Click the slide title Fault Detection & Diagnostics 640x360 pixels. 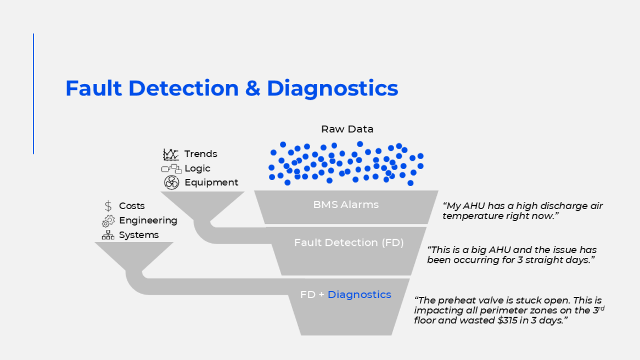pyautogui.click(x=231, y=88)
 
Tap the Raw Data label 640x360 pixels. pyautogui.click(x=347, y=130)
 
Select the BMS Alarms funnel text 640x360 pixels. pyautogui.click(x=346, y=205)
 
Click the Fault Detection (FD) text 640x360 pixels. pyautogui.click(x=349, y=243)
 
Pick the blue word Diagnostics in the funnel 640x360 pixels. pyautogui.click(x=359, y=295)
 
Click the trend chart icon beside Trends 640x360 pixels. pyautogui.click(x=171, y=154)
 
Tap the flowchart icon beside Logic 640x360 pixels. pyautogui.click(x=171, y=168)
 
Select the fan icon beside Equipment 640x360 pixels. pyautogui.click(x=172, y=183)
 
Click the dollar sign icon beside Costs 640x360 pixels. pyautogui.click(x=108, y=206)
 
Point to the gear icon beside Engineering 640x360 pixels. pyautogui.click(x=108, y=221)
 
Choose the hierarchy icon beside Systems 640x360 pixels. pyautogui.click(x=108, y=235)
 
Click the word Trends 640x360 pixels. pyautogui.click(x=200, y=154)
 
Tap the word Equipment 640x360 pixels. pyautogui.click(x=211, y=183)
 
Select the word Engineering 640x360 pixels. pyautogui.click(x=148, y=221)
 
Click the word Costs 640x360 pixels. pyautogui.click(x=132, y=206)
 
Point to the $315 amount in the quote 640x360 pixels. pyautogui.click(x=502, y=320)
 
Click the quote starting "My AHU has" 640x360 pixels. pyautogui.click(x=523, y=211)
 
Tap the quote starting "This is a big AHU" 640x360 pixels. pyautogui.click(x=512, y=255)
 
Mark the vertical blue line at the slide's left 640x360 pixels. pyautogui.click(x=33, y=93)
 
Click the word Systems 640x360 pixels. pyautogui.click(x=139, y=235)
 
